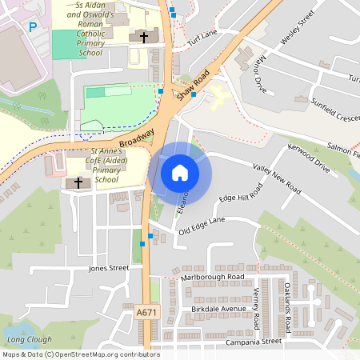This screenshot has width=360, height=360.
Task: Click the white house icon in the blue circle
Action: pos(179,173)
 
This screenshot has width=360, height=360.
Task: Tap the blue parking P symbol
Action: pos(33,26)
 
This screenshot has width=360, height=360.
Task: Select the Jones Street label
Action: pos(109,268)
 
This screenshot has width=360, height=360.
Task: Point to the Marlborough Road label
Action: pos(212,277)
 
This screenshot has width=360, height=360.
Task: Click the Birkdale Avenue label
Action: pos(219,309)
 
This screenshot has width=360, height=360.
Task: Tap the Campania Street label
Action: pos(255,341)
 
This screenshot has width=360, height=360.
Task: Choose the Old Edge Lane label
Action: pos(202,226)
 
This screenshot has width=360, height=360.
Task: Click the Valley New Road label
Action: pos(276,179)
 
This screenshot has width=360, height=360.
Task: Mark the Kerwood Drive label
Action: pos(309,157)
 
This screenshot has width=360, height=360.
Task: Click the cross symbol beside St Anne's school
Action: pos(78,183)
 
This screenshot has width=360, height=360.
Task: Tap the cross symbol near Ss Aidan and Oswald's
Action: pos(144,37)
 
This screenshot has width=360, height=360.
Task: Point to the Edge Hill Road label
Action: pos(241,197)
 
